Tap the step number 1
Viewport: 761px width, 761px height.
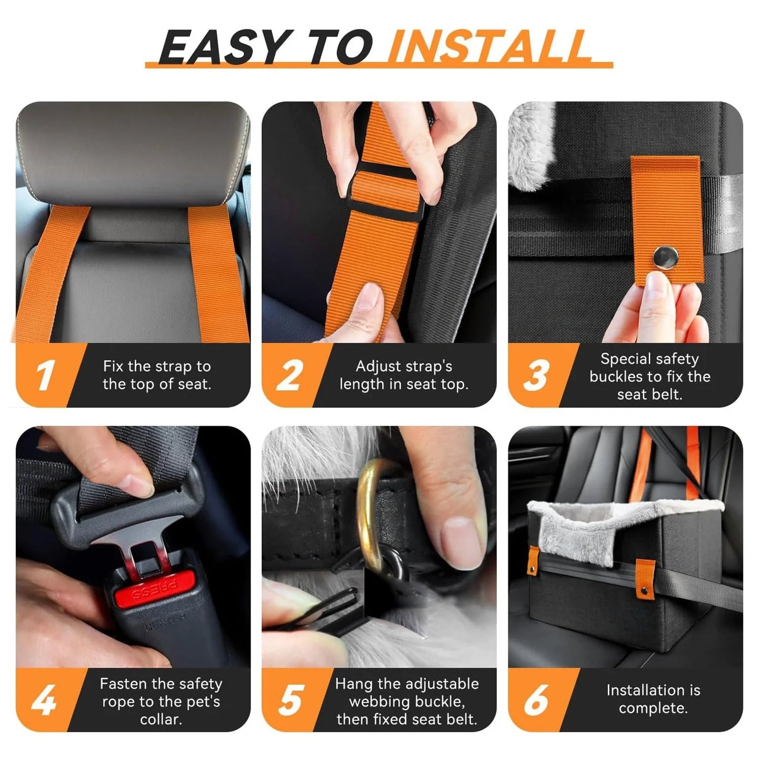45,375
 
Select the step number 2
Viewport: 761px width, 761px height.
289,375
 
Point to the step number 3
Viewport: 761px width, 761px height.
536,375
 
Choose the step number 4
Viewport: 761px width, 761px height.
44,700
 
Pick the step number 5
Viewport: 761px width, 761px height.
290,700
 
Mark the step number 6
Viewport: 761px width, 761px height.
536,700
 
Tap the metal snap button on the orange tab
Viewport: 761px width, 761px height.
666,258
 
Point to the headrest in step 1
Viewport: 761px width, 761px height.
132,153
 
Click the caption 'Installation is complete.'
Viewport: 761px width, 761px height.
653,699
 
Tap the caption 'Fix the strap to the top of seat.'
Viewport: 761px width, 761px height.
157,375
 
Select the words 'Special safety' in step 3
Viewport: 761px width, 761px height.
649,359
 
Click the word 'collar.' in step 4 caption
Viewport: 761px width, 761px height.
161,719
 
